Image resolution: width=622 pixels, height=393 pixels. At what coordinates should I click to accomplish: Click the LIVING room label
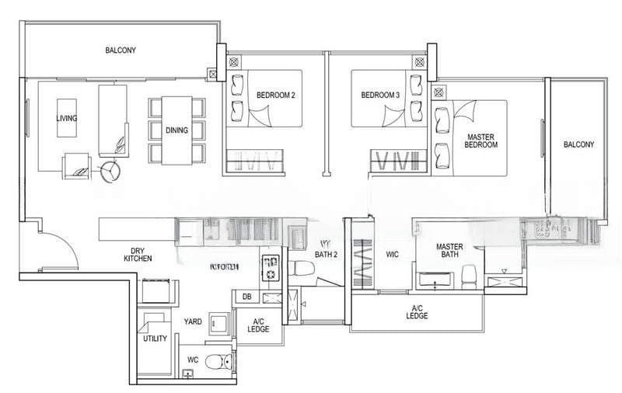[x=67, y=119]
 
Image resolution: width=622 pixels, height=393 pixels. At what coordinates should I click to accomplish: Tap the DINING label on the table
[x=176, y=130]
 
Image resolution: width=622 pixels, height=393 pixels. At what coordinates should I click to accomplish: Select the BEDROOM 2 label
[x=275, y=96]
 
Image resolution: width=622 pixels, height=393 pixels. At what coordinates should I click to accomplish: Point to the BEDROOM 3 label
[x=380, y=96]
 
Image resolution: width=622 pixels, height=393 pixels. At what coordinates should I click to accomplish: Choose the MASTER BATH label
[x=449, y=252]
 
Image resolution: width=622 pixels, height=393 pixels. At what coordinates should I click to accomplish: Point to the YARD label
[x=193, y=320]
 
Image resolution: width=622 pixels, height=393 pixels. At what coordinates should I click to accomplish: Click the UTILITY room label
[x=155, y=339]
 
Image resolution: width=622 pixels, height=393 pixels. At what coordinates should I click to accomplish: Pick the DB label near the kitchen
[x=246, y=297]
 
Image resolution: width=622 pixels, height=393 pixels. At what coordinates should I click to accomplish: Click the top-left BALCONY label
[x=121, y=50]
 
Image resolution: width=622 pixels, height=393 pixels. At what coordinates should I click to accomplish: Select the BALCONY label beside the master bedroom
[x=578, y=144]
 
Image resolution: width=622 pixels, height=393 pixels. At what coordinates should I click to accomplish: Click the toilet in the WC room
[x=222, y=361]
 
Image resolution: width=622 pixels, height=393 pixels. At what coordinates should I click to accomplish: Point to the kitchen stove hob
[x=271, y=267]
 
